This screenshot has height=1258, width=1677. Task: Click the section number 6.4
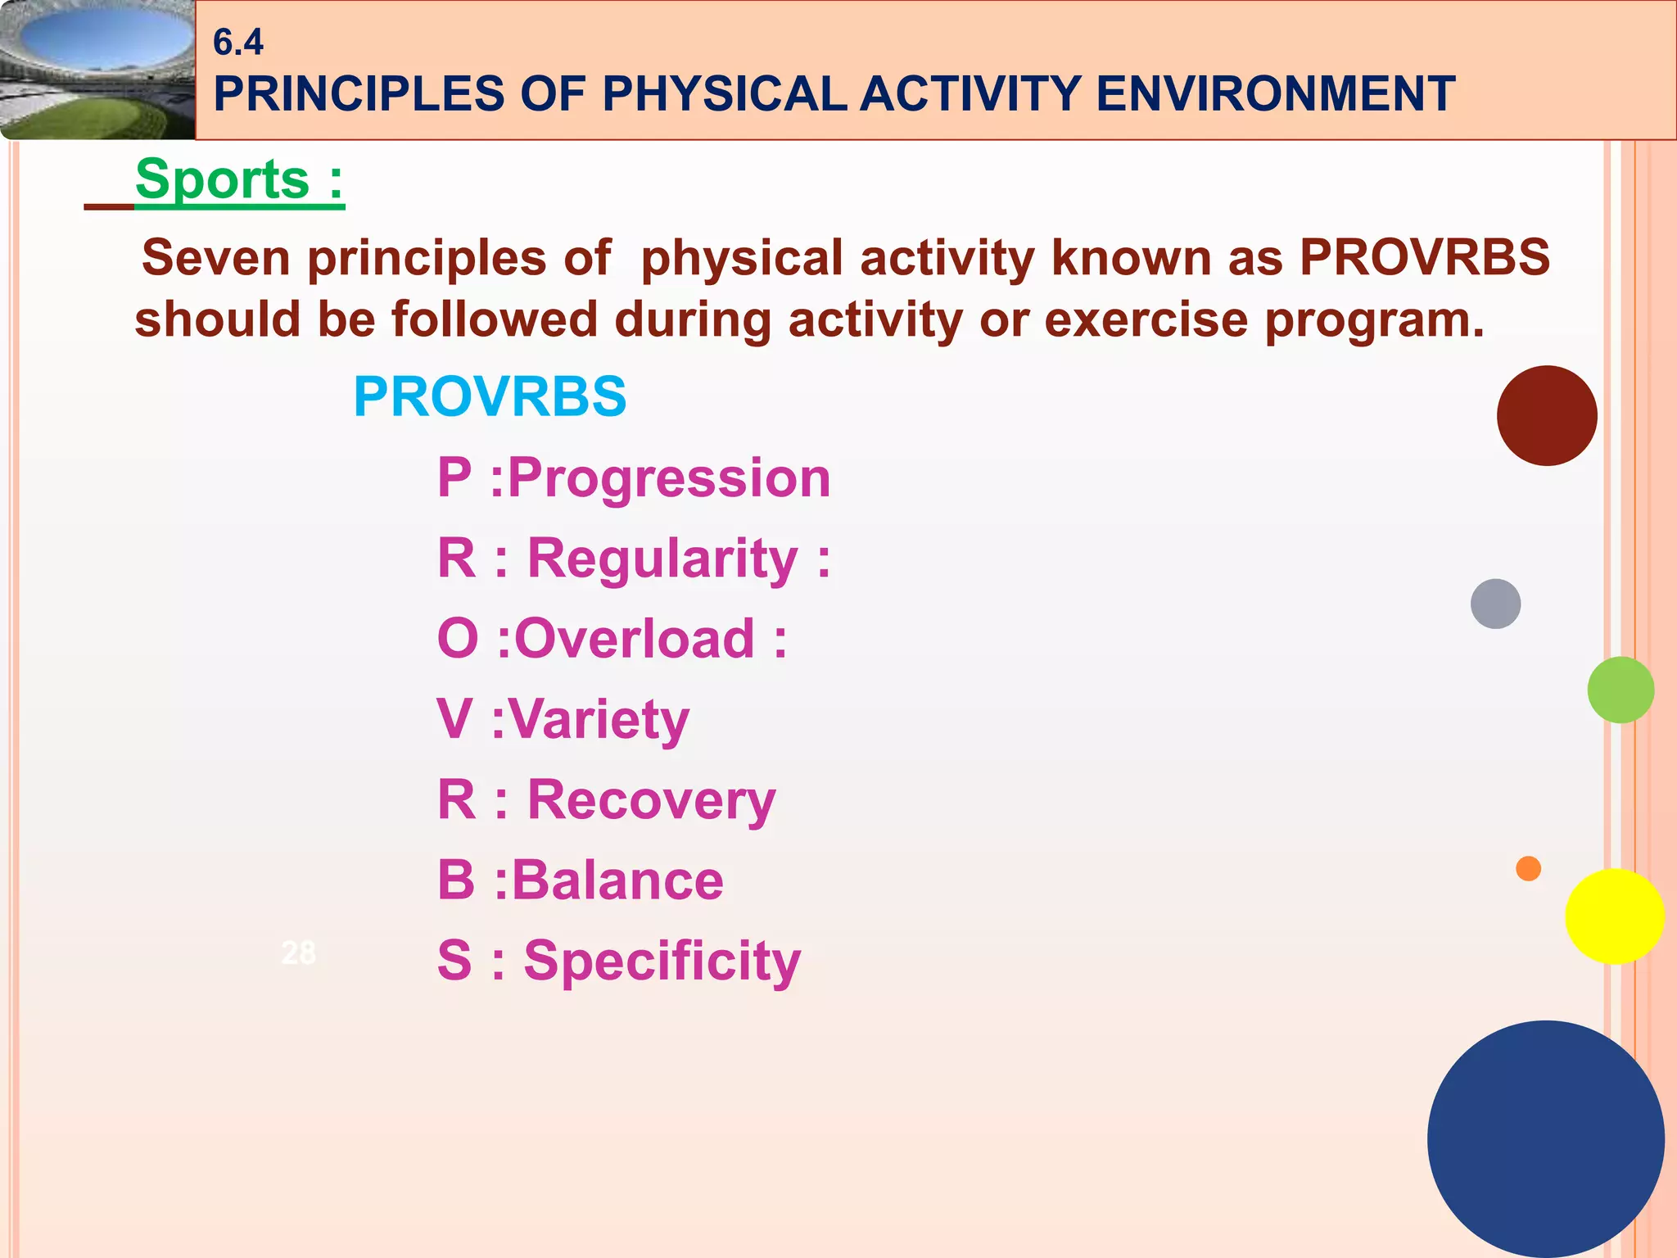(237, 42)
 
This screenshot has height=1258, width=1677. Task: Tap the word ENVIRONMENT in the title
(1275, 93)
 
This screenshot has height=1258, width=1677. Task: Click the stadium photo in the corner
(97, 70)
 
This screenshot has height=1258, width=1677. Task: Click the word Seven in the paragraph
(215, 257)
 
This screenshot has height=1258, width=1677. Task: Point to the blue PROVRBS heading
(490, 396)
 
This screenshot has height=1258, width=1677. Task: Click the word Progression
(669, 477)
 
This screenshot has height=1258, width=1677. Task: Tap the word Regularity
(662, 559)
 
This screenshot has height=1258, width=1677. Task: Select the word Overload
(634, 639)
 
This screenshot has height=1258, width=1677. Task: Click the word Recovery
(651, 799)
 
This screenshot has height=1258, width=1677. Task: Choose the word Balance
(617, 880)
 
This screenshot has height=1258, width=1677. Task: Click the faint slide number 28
(298, 953)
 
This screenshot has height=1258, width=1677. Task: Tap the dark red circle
(1546, 416)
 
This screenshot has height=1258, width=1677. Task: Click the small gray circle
(1495, 604)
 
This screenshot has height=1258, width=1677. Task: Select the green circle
(1620, 690)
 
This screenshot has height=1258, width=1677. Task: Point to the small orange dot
(1528, 868)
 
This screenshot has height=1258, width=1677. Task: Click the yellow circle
(1614, 916)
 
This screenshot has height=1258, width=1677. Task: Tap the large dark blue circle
(1545, 1139)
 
